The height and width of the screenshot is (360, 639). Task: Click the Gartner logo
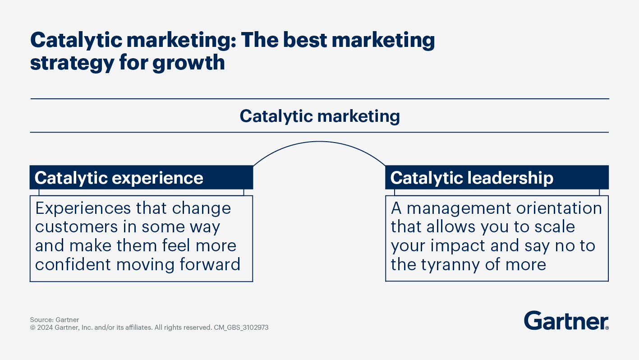tap(566, 321)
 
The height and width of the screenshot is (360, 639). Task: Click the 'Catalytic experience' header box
tap(141, 177)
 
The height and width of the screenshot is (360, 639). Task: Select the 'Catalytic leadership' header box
tap(496, 177)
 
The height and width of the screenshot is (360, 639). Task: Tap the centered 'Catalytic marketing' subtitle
tap(319, 116)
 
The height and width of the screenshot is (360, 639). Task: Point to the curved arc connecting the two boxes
tap(319, 142)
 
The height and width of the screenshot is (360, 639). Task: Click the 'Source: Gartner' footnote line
tap(55, 320)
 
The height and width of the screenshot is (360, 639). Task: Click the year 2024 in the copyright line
tap(45, 328)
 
